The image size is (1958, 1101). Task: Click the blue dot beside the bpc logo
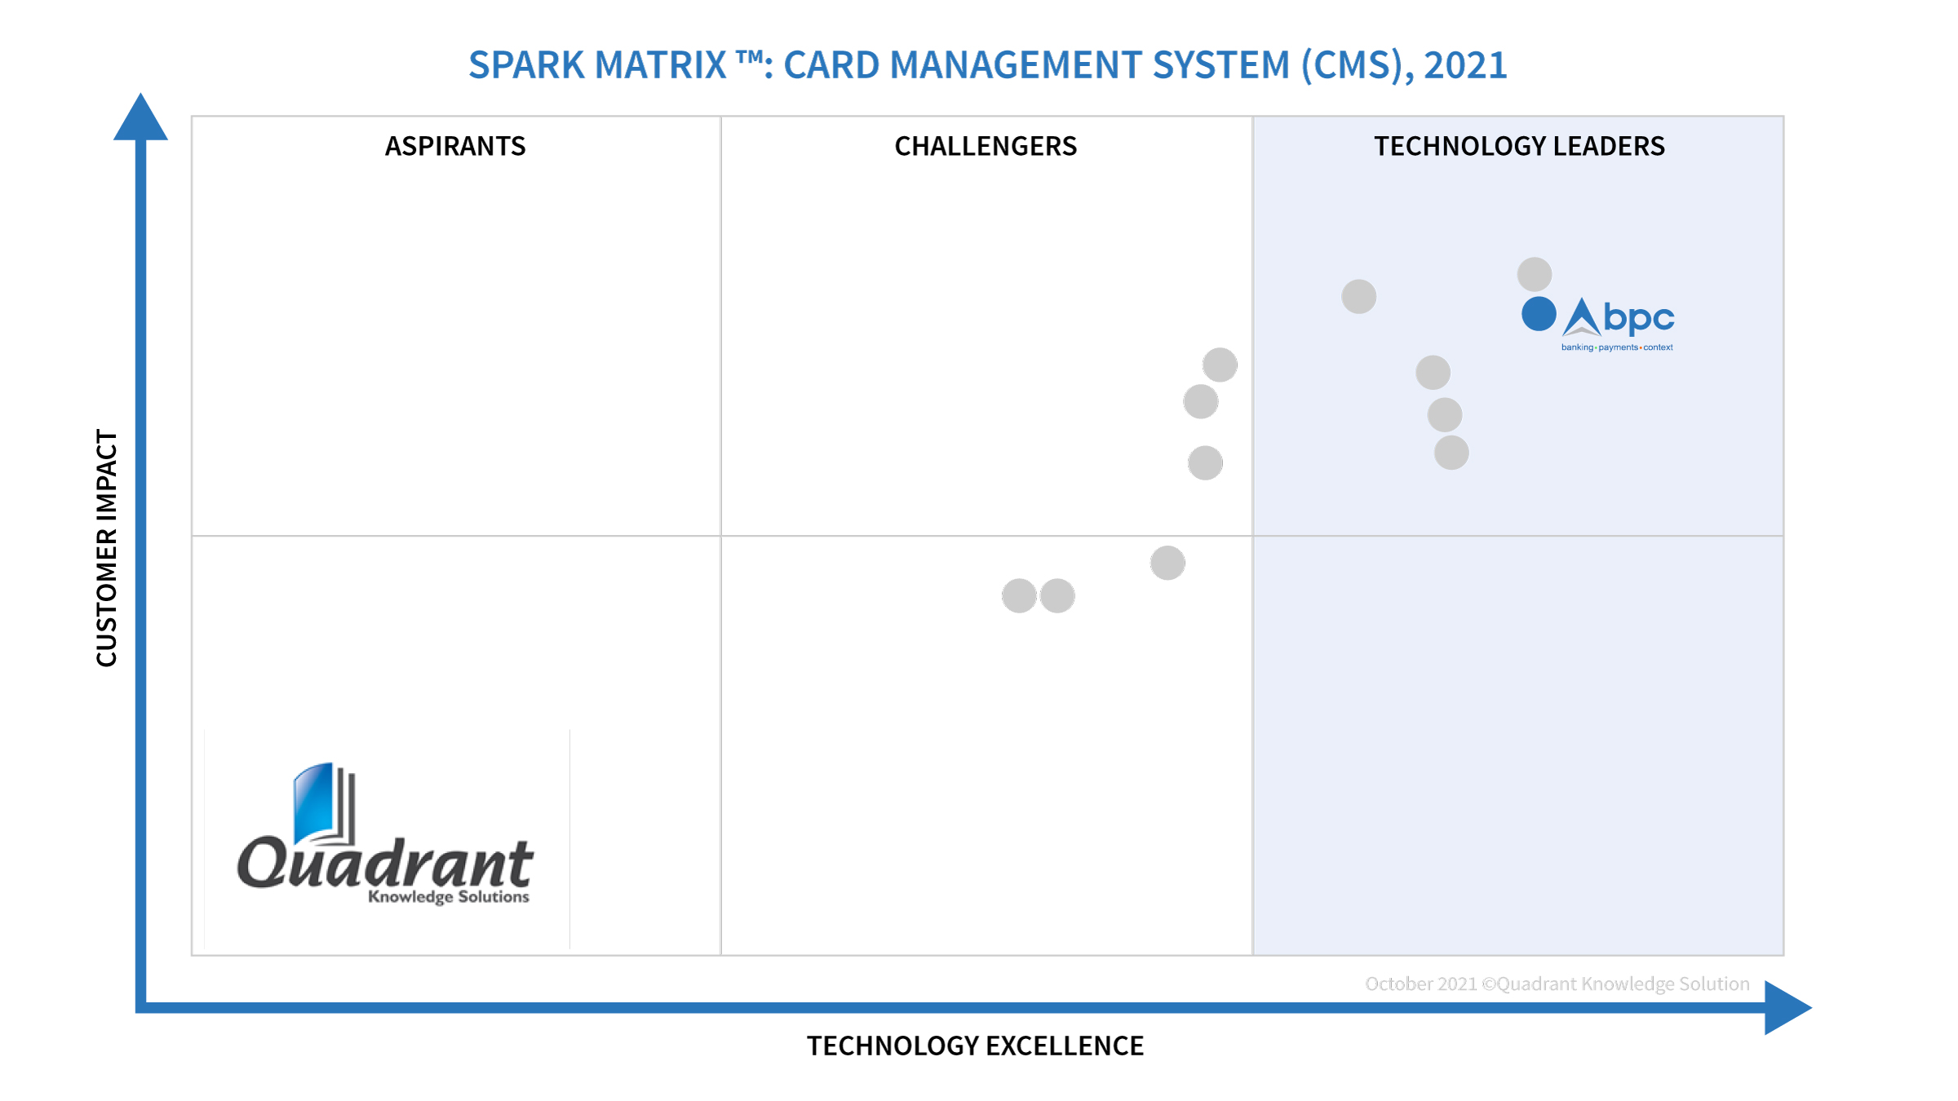tap(1539, 314)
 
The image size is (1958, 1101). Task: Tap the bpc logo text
tap(1638, 317)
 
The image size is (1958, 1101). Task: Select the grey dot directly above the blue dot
tap(1534, 274)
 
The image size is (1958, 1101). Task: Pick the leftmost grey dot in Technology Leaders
tap(1358, 296)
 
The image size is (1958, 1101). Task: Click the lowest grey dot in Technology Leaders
tap(1451, 453)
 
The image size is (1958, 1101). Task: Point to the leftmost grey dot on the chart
tap(1019, 595)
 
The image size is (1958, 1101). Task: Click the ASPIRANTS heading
tap(455, 146)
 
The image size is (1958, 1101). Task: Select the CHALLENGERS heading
tap(986, 146)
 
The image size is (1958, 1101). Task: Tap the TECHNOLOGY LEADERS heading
tap(1519, 146)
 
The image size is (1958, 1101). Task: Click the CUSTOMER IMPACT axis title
tap(107, 548)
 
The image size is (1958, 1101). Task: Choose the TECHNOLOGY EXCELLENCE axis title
tap(975, 1046)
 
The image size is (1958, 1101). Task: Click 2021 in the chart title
tap(1465, 65)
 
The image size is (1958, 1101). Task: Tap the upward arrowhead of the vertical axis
tap(140, 119)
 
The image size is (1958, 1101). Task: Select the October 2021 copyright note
tap(1557, 984)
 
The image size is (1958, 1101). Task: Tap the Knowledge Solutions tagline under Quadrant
tap(448, 896)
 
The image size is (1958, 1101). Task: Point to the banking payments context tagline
tap(1617, 347)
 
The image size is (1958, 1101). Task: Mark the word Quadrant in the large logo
tap(385, 863)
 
